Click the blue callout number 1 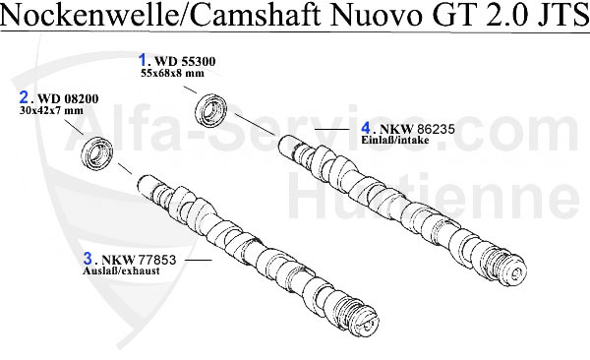point(143,59)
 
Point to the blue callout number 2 point(25,97)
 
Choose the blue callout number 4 point(366,128)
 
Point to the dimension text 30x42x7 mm point(53,111)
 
